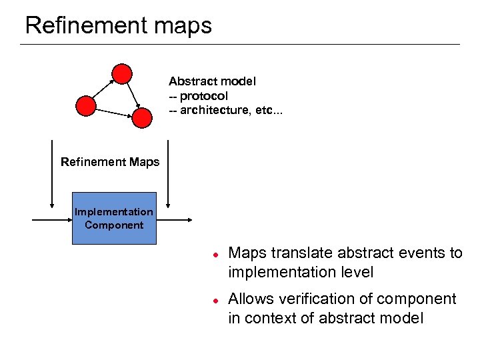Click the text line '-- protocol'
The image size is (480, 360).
pos(198,96)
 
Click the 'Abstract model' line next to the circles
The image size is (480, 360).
pos(212,81)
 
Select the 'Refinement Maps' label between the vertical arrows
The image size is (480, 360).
pos(110,162)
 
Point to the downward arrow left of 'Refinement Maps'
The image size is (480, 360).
pos(51,173)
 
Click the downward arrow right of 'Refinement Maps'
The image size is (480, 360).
pos(168,173)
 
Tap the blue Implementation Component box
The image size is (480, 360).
pos(113,219)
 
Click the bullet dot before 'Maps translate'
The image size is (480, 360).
pos(215,254)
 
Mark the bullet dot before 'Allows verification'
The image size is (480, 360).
pos(215,300)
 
